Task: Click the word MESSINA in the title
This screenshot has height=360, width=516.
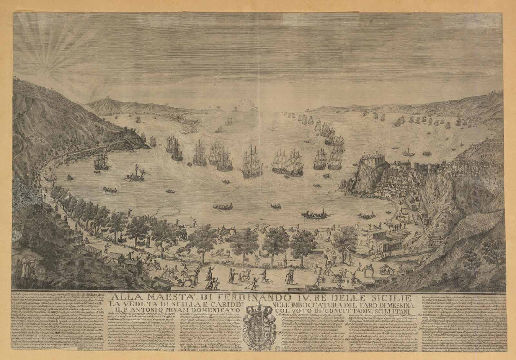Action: [x=388, y=305]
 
